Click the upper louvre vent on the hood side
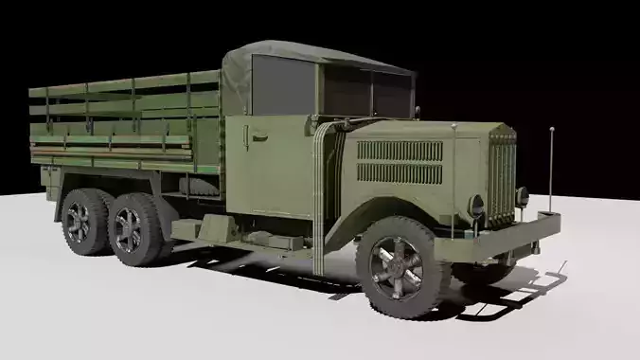(x=400, y=150)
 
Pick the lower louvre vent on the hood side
(x=399, y=173)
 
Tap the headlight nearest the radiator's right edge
(x=522, y=197)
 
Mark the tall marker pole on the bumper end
(x=550, y=171)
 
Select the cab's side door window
(x=282, y=84)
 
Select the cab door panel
(x=270, y=166)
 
